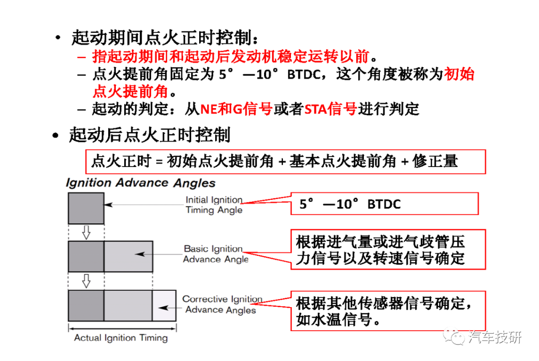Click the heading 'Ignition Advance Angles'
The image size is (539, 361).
pyautogui.click(x=140, y=183)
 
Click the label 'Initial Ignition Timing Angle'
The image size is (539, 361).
pyautogui.click(x=214, y=205)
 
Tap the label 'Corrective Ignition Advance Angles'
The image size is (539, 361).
pyautogui.click(x=221, y=305)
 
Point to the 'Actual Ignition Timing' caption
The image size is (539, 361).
pyautogui.click(x=121, y=338)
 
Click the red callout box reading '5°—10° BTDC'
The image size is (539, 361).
pyautogui.click(x=384, y=204)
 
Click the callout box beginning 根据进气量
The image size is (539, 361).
pyautogui.click(x=388, y=250)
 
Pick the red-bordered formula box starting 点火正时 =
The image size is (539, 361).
pyautogui.click(x=285, y=162)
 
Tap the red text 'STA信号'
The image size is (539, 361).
pyautogui.click(x=330, y=109)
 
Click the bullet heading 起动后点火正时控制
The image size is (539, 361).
pyautogui.click(x=149, y=135)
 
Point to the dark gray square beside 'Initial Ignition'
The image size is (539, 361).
pyautogui.click(x=86, y=207)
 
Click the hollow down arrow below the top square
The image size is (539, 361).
pyautogui.click(x=86, y=232)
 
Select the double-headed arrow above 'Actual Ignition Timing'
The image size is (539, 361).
pyautogui.click(x=122, y=328)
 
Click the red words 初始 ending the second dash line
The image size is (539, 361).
pyautogui.click(x=459, y=74)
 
